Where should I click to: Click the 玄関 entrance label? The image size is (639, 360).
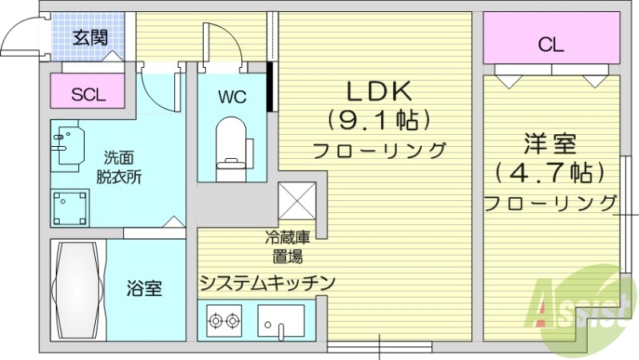89,37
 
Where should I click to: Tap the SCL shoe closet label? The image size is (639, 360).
88,95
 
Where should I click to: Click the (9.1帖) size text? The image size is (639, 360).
378,120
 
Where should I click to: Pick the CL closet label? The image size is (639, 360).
550,45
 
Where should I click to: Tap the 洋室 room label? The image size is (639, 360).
550,144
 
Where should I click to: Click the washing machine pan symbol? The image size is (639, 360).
71,208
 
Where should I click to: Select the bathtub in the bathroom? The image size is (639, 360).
77,288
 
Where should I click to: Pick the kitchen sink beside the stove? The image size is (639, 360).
280,323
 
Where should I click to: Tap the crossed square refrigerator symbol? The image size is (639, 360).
297,199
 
